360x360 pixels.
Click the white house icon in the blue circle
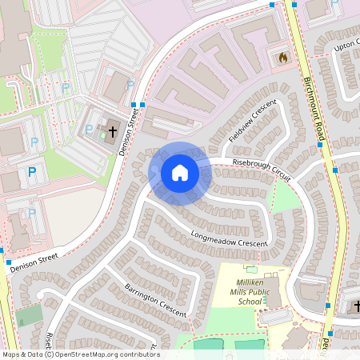(x=180, y=173)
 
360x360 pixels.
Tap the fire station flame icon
(x=282, y=57)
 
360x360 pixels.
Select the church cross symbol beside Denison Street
(x=112, y=130)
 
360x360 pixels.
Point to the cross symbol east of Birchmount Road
(x=356, y=306)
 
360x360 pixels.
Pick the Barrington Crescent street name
(x=155, y=299)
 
